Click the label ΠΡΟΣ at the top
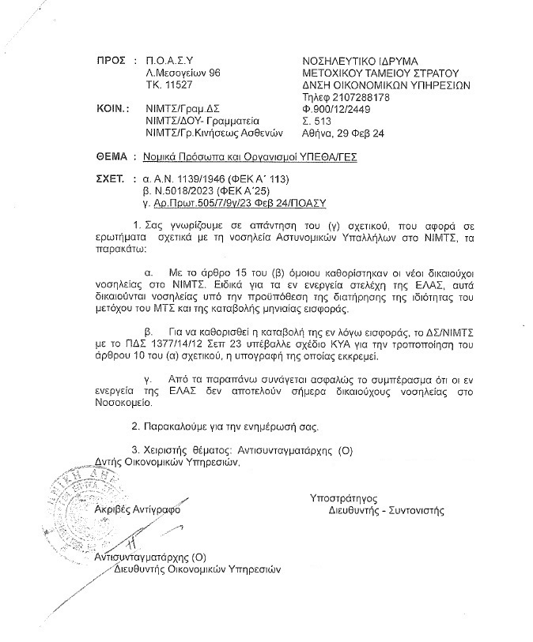tap(110, 60)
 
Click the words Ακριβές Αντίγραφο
tap(137, 510)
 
